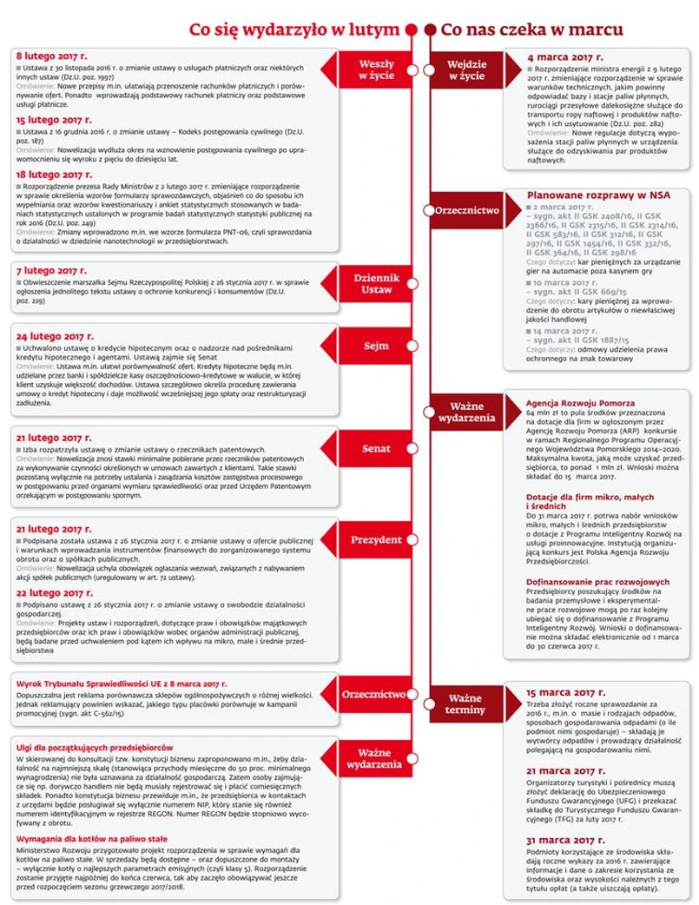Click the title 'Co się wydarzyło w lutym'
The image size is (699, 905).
[x=294, y=30]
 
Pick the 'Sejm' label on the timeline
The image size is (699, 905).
[x=376, y=346]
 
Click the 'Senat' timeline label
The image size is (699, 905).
[x=376, y=449]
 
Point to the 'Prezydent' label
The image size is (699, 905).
[x=376, y=540]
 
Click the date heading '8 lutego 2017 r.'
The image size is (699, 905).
[x=53, y=55]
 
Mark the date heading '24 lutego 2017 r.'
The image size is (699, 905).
[x=56, y=335]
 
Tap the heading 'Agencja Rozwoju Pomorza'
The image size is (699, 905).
[x=580, y=404]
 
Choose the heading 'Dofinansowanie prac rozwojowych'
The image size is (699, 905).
[x=597, y=582]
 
